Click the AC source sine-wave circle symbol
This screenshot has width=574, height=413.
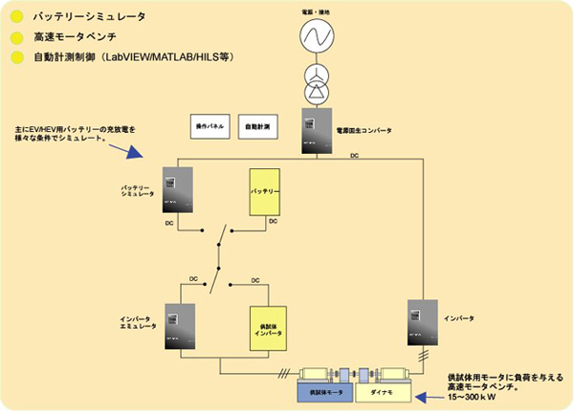tap(315, 35)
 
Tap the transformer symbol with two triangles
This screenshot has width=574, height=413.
tap(315, 84)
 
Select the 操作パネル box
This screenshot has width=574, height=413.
tap(210, 125)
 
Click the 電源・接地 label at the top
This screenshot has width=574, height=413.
tap(315, 9)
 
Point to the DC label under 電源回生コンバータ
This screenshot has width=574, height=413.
tap(354, 155)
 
